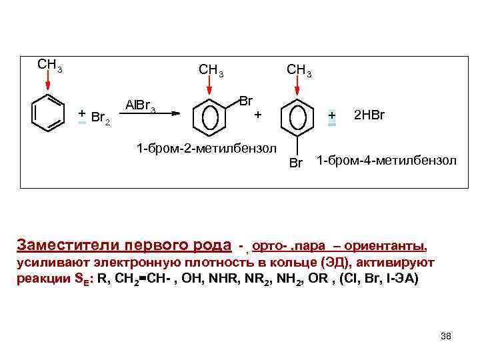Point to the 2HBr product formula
point(369,115)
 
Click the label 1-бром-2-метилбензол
point(205,147)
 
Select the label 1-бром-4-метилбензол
point(386,161)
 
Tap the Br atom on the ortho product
point(245,101)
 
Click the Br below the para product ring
point(297,163)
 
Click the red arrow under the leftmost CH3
point(49,81)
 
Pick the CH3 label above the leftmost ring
point(49,65)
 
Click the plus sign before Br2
point(81,114)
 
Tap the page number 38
point(446,336)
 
